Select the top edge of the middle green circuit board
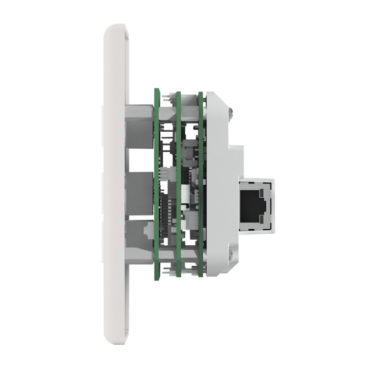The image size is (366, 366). click(179, 94)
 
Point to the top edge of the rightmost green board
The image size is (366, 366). click(200, 94)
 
